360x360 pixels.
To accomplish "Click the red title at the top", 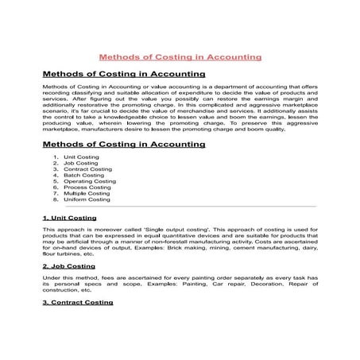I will [179, 57].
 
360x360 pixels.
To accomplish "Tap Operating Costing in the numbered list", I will [89, 181].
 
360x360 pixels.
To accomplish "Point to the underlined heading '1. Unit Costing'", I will [71, 217].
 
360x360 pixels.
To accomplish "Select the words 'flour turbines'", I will [61, 254].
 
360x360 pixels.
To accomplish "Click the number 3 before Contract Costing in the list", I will [56, 168].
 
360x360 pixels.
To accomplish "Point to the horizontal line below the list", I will [180, 207].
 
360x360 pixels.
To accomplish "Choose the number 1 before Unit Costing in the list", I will [56, 157].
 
